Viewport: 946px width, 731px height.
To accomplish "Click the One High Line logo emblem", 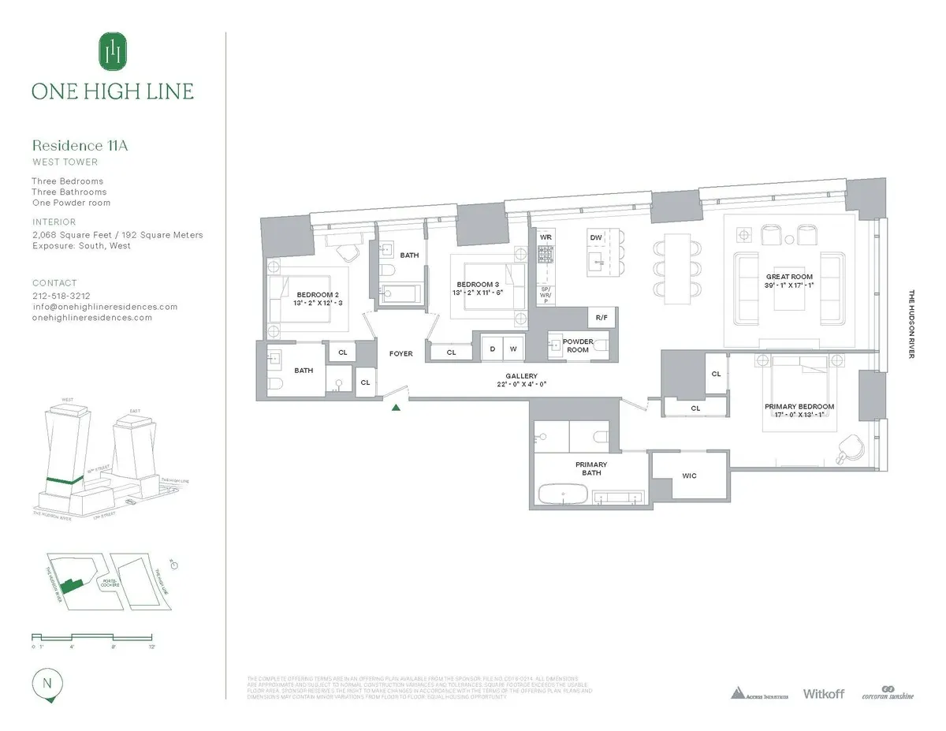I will pyautogui.click(x=113, y=52).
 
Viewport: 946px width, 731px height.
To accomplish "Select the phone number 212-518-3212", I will pyautogui.click(x=62, y=296).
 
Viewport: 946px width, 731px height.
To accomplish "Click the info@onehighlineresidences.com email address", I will pyautogui.click(x=104, y=307).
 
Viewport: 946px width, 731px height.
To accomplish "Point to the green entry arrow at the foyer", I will pyautogui.click(x=397, y=407).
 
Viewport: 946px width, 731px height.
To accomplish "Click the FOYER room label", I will pyautogui.click(x=400, y=354).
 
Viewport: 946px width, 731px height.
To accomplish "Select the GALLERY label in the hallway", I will pyautogui.click(x=522, y=376).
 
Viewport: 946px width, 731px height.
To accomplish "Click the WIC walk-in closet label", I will pyautogui.click(x=689, y=476).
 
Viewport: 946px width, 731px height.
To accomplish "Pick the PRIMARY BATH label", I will pyautogui.click(x=591, y=468).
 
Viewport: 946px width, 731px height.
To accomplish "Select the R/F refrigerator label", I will pyautogui.click(x=601, y=318).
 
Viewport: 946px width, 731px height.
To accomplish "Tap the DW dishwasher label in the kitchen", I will pyautogui.click(x=596, y=237).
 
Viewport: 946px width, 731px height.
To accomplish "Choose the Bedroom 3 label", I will pyautogui.click(x=478, y=284).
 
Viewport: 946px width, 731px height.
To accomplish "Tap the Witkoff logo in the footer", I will pyautogui.click(x=823, y=693).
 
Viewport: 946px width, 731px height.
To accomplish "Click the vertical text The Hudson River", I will pyautogui.click(x=911, y=324).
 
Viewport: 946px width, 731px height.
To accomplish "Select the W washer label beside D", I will pyautogui.click(x=512, y=348).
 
